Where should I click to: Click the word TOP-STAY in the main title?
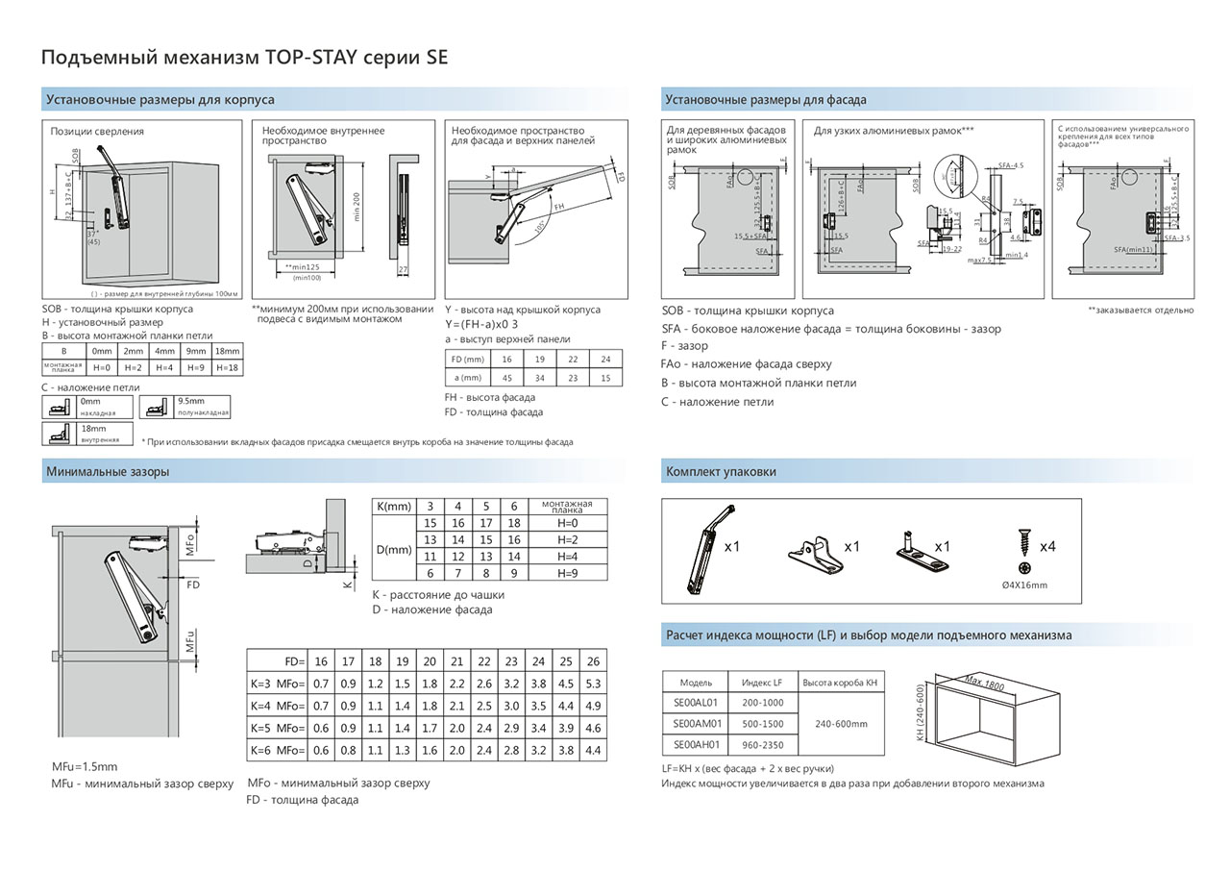[x=311, y=57]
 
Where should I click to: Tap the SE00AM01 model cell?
[x=696, y=724]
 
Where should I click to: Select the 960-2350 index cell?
[x=763, y=745]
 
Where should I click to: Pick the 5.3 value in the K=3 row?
[x=593, y=684]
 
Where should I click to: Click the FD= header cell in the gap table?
[x=277, y=661]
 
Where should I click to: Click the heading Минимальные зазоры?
[x=108, y=472]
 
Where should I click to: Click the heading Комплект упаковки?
[x=721, y=472]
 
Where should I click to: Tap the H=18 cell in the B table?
[x=228, y=367]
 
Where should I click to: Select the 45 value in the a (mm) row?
[x=507, y=378]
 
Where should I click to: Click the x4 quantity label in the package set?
[x=1045, y=546]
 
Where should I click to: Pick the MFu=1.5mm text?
[x=85, y=766]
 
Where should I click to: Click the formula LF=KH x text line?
[x=748, y=768]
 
